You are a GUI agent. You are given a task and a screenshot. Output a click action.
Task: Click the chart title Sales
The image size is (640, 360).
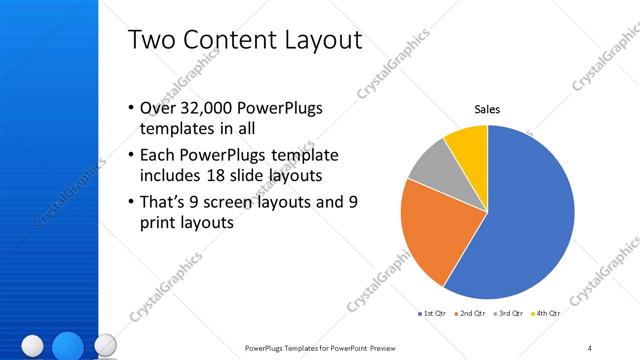(x=487, y=109)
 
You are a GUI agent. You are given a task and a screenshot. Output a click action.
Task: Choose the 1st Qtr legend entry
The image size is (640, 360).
(x=433, y=313)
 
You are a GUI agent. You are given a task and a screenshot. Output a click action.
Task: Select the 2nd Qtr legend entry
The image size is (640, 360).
(x=474, y=313)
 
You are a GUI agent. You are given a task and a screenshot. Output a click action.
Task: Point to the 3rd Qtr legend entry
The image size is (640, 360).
(x=515, y=313)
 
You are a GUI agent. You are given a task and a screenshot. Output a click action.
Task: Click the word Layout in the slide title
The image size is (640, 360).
(x=319, y=41)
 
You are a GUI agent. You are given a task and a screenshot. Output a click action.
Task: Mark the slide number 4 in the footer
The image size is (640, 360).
(x=589, y=348)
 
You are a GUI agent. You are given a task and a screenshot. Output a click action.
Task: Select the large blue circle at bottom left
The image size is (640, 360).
(x=67, y=345)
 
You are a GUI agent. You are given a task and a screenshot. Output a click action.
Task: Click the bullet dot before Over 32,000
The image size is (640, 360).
(x=131, y=108)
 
